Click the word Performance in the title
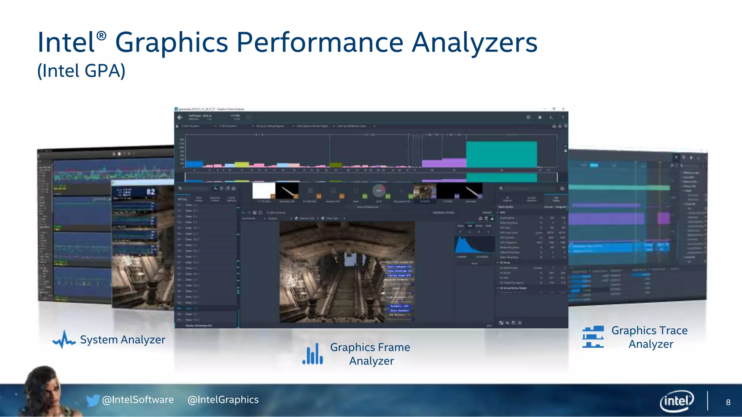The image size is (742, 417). (x=320, y=42)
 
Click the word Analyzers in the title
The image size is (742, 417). (x=475, y=42)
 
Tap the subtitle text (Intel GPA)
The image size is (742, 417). (x=82, y=71)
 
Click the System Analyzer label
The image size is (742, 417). (x=122, y=340)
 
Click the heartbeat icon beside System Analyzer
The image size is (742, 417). (x=64, y=340)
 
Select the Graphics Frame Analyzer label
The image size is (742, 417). (x=370, y=354)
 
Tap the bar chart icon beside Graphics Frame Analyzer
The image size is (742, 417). (x=313, y=354)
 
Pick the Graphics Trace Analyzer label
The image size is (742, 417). (x=650, y=337)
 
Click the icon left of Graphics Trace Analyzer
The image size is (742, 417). (x=593, y=337)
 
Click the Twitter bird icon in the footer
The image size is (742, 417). (x=93, y=400)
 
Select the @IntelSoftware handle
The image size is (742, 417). (x=138, y=400)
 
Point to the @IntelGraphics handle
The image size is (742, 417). (x=223, y=400)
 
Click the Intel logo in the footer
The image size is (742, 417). (x=676, y=401)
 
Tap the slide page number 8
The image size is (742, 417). (x=728, y=403)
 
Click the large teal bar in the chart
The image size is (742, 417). (x=501, y=155)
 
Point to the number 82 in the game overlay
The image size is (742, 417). (x=151, y=192)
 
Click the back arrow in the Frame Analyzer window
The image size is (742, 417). (x=180, y=117)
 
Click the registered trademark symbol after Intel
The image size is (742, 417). (x=102, y=35)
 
